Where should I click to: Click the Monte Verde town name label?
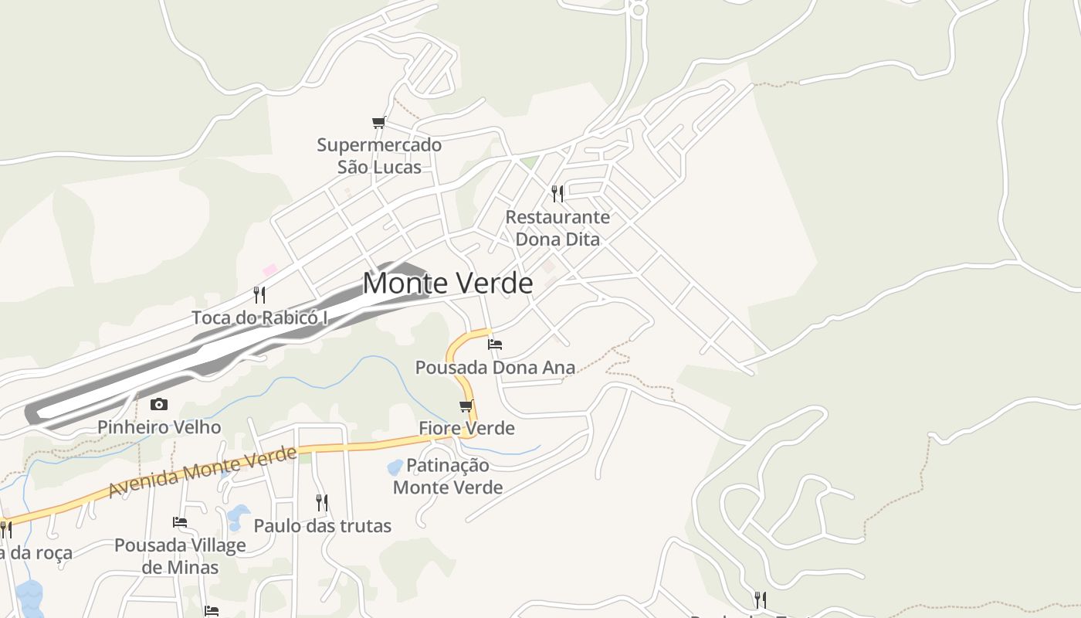[x=448, y=284]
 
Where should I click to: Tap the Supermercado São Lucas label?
[x=379, y=156]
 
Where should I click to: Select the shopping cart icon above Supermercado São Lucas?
[x=378, y=123]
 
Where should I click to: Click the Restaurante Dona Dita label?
[x=557, y=228]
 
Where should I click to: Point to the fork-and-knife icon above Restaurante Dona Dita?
[x=557, y=193]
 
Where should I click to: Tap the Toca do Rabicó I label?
[x=260, y=317]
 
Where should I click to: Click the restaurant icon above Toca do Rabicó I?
[x=259, y=294]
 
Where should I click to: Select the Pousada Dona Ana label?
[x=495, y=368]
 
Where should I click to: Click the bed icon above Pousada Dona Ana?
[x=495, y=344]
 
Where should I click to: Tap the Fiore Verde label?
[x=466, y=428]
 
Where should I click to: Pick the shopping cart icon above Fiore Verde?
[x=466, y=406]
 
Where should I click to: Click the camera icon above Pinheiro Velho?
[x=159, y=404]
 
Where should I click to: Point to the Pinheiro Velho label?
[x=159, y=427]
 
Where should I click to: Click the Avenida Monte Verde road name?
[x=202, y=472]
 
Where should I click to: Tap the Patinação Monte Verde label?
[x=448, y=476]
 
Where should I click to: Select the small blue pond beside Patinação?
[x=395, y=467]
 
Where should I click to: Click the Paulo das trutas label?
[x=323, y=526]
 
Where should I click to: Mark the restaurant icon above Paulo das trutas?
[x=322, y=503]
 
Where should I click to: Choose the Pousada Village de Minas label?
[x=180, y=556]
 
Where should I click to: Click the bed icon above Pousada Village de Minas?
[x=180, y=522]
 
